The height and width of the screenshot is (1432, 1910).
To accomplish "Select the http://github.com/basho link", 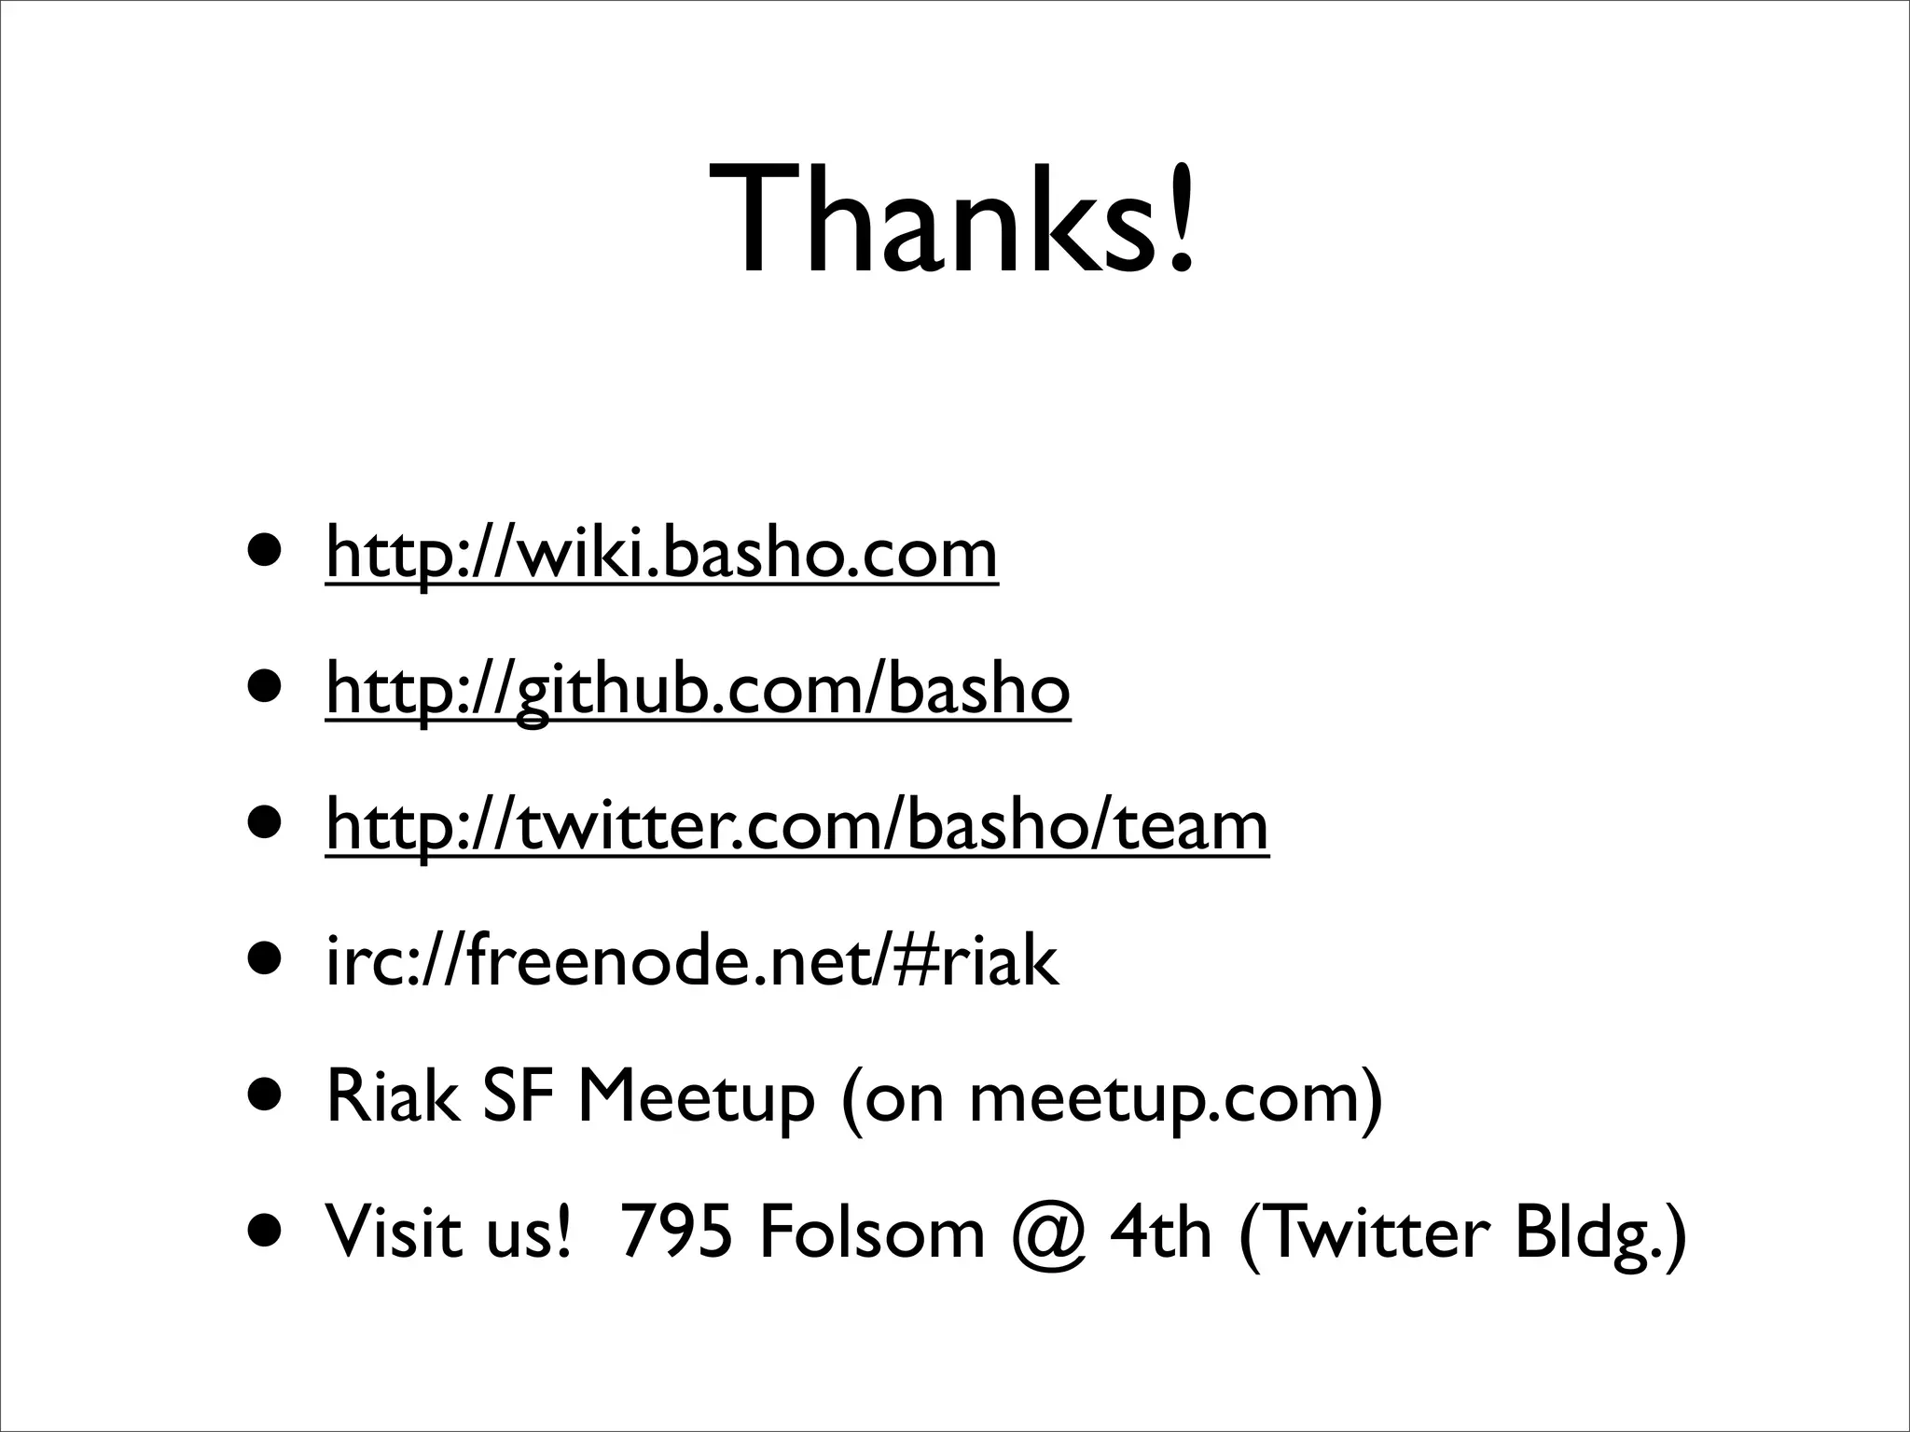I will (698, 689).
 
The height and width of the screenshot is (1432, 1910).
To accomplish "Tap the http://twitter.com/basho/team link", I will (796, 826).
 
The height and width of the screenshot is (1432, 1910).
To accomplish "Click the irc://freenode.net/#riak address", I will (692, 961).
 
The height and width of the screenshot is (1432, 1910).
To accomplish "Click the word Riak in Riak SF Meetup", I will (393, 1097).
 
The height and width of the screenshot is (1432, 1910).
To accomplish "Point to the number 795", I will (676, 1233).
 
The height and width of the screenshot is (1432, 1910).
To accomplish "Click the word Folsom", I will (872, 1233).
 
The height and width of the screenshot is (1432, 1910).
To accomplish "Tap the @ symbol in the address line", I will (1046, 1235).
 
